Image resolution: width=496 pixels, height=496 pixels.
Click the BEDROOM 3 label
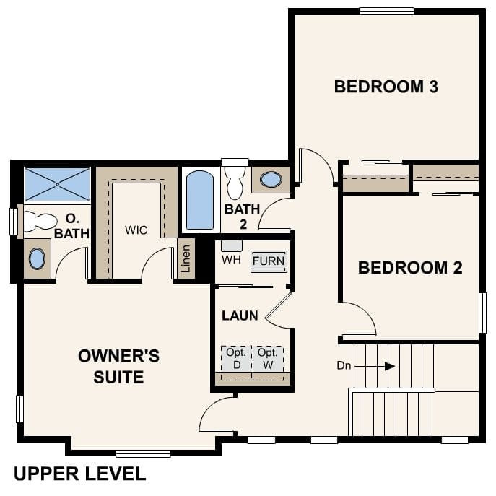point(386,87)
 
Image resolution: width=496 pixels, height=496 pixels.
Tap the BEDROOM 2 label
point(409,268)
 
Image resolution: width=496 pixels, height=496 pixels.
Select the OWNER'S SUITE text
point(118,367)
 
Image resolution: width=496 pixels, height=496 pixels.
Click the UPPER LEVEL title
point(79,474)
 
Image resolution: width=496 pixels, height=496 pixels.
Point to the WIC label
point(136,230)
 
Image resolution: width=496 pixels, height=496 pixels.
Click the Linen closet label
point(186,258)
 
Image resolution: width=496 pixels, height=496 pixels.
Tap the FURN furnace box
point(269,261)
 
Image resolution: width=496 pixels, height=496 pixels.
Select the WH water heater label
point(231,258)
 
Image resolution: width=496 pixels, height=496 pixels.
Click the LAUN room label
point(239,316)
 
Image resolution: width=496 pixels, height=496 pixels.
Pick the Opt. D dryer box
point(236,359)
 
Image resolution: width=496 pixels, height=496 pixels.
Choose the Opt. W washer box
point(268,359)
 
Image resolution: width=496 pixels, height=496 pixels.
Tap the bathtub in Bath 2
point(200,199)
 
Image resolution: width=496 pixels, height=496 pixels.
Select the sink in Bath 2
point(271,180)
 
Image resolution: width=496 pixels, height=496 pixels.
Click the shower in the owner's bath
point(58,184)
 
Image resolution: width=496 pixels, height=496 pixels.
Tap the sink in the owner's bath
point(38,258)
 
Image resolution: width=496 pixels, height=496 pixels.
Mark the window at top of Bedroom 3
point(386,11)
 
